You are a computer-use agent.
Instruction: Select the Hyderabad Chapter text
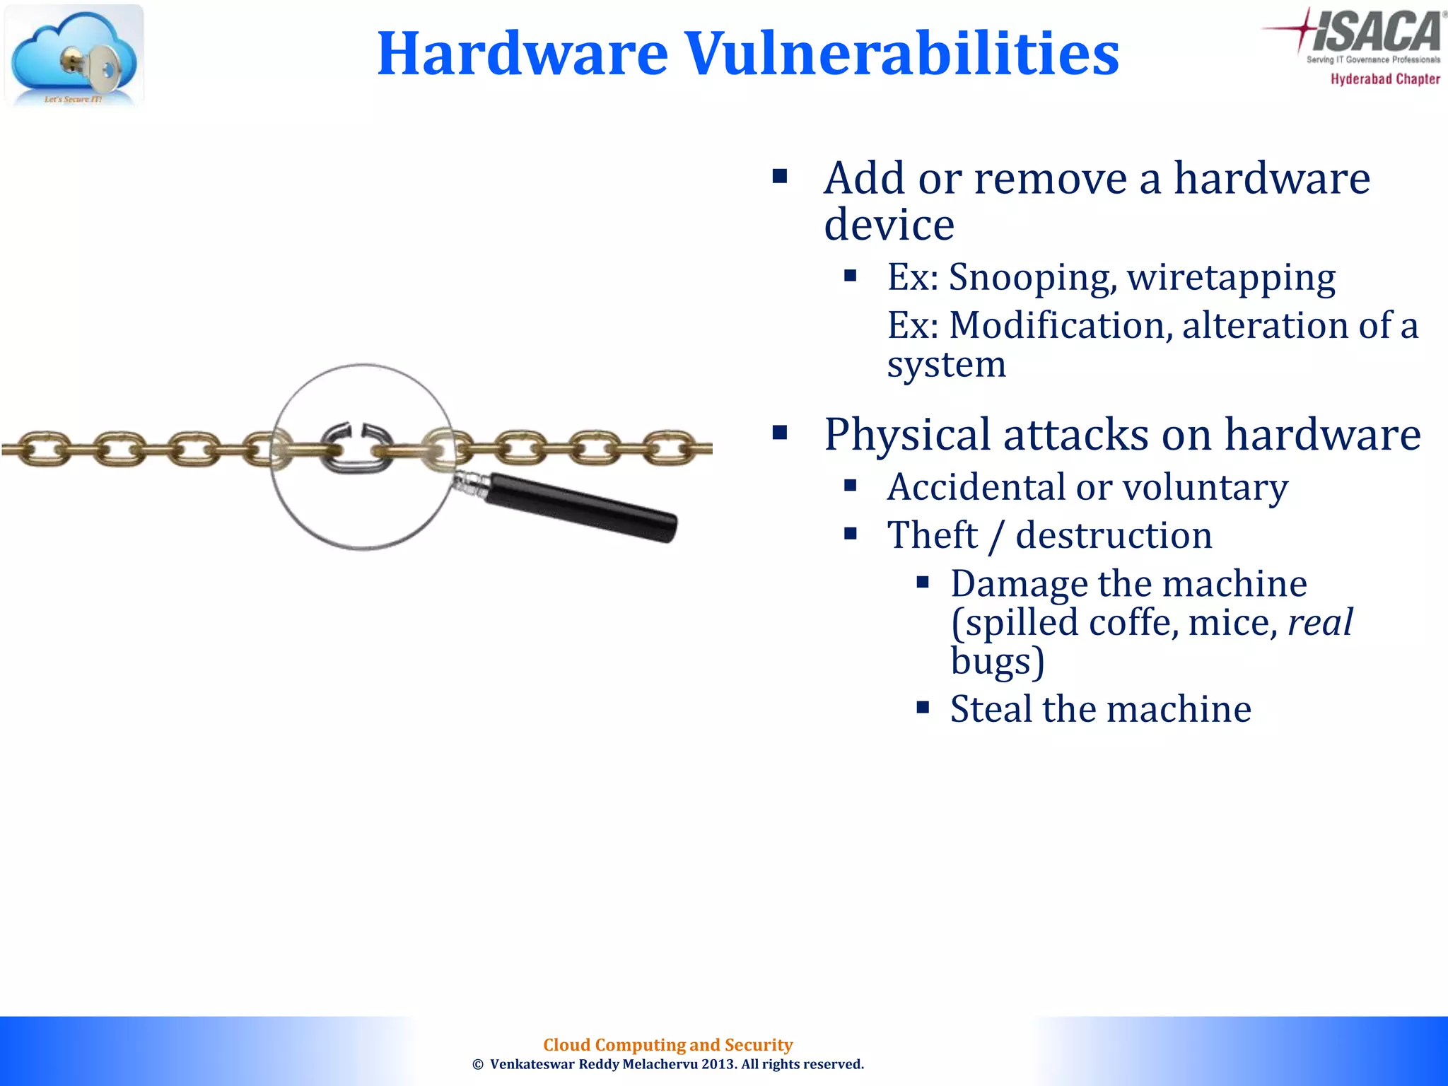click(x=1385, y=79)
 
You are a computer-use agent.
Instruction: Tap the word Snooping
click(x=1033, y=277)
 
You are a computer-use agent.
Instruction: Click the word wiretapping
click(x=1231, y=277)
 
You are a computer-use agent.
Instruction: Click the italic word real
click(x=1320, y=623)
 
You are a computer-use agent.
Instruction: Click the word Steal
click(x=991, y=709)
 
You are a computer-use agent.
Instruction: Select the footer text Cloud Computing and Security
click(x=667, y=1044)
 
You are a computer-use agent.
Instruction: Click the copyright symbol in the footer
click(x=478, y=1065)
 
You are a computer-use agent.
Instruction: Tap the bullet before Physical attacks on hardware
click(x=780, y=433)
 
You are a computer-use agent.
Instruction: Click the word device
click(x=889, y=225)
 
